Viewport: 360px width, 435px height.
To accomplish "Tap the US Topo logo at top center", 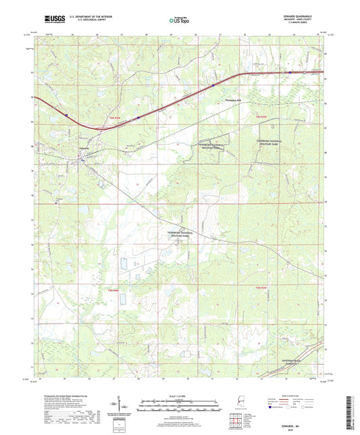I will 179,21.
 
